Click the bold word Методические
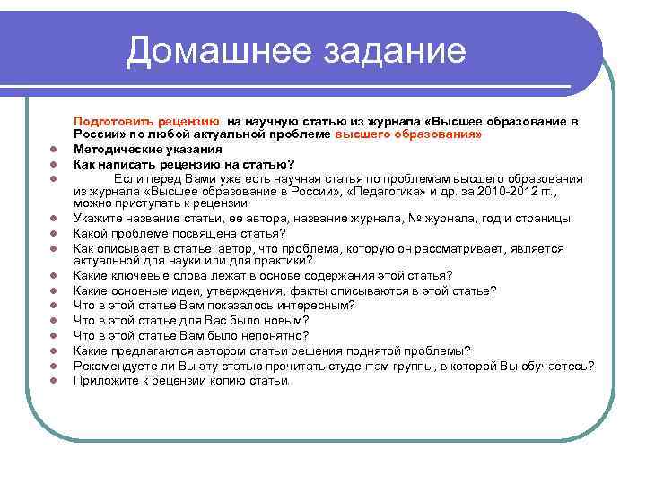tap(119, 149)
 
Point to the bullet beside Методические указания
tap(54, 150)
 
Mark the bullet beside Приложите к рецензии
tap(54, 380)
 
